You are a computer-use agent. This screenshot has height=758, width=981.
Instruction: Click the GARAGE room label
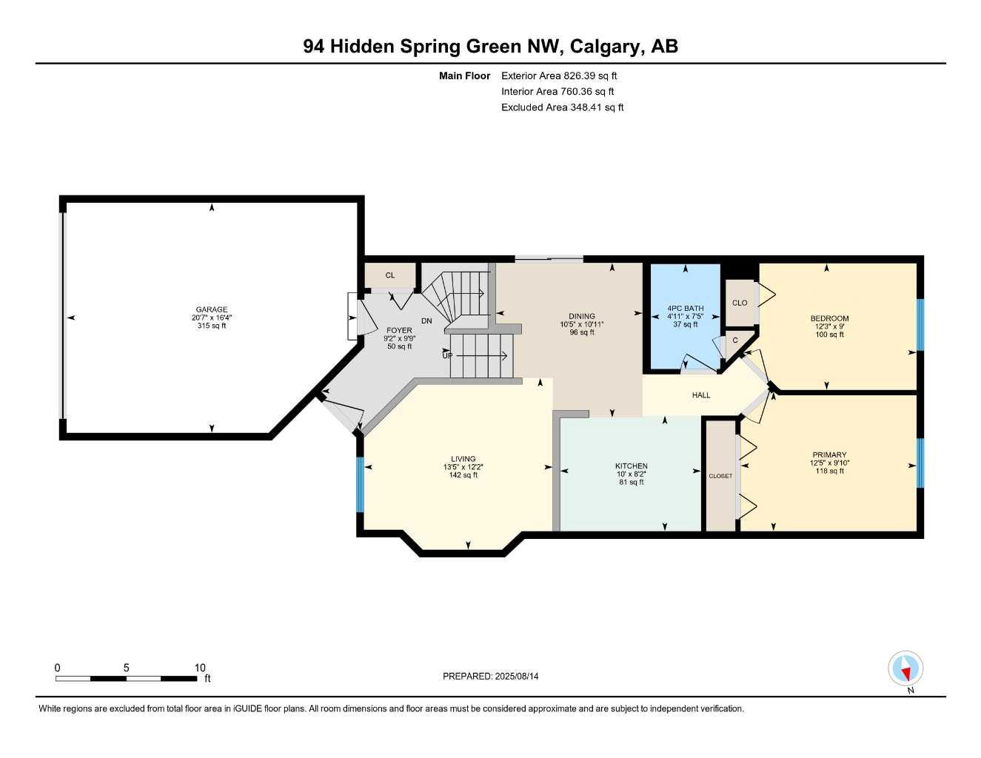coord(212,309)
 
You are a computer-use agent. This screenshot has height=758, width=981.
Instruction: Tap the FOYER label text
coord(399,330)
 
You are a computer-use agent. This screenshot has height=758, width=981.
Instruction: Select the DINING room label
coord(582,316)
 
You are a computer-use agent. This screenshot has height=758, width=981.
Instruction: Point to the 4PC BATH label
coord(685,308)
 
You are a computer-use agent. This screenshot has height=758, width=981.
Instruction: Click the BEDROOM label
coord(829,318)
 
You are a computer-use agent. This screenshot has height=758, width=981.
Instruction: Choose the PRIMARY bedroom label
coord(829,455)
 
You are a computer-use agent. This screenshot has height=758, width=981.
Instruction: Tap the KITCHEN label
coord(631,466)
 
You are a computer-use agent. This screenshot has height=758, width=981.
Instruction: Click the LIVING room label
coord(463,458)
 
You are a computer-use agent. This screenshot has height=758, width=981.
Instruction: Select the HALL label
coord(701,395)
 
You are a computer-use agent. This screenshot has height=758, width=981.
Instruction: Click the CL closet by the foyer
coord(390,275)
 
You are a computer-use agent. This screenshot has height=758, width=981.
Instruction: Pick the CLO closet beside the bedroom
coord(740,303)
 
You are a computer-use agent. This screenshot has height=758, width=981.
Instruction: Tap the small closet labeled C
coord(735,341)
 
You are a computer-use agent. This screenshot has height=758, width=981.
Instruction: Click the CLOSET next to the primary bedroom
coord(720,476)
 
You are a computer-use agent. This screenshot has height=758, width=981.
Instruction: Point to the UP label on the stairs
coord(447,355)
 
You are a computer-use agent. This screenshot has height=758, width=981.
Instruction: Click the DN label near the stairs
coord(426,321)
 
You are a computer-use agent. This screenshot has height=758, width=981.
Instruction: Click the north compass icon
coord(905,669)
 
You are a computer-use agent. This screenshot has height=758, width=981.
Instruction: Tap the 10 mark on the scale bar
coord(200,668)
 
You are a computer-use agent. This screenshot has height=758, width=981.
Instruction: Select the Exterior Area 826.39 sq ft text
coord(559,76)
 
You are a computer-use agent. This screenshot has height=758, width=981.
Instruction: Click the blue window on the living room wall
coord(361,485)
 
